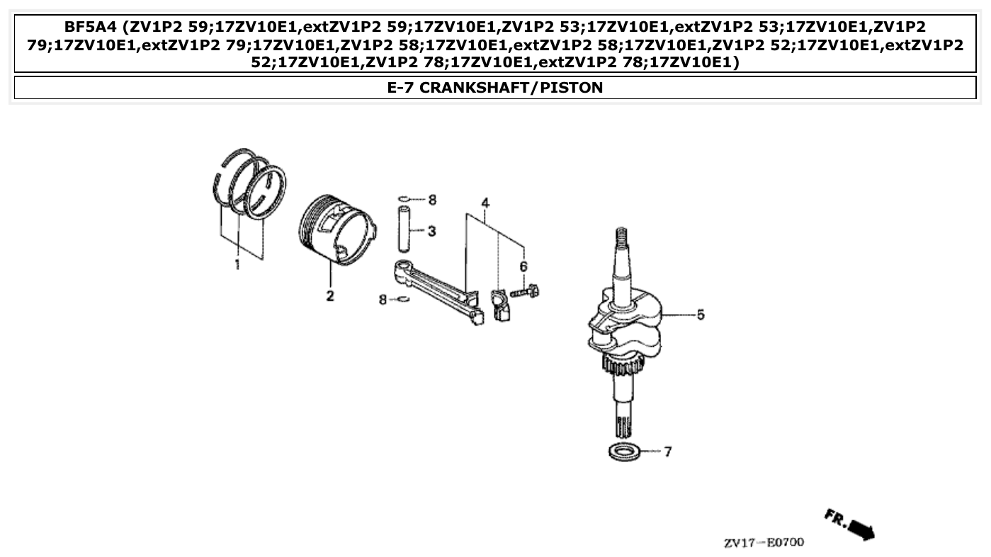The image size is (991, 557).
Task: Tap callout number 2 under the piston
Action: pos(330,296)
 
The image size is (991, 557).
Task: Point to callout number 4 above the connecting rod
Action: pos(485,204)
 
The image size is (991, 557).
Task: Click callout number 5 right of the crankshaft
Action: pos(700,314)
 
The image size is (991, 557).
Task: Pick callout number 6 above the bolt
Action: pos(523,266)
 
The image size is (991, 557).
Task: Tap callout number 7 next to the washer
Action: pos(667,452)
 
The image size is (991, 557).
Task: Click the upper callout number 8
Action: pos(432,200)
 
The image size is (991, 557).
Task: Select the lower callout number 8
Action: pos(383,300)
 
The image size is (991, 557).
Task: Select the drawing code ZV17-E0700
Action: pos(764,543)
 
